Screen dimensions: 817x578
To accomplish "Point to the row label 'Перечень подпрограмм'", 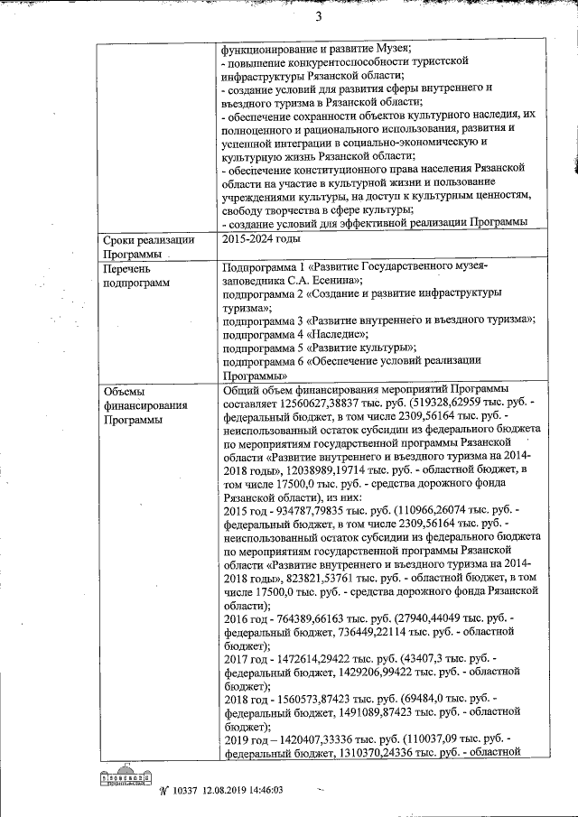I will click(x=139, y=276).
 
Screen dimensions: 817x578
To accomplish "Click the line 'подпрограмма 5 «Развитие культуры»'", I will click(x=319, y=347).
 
